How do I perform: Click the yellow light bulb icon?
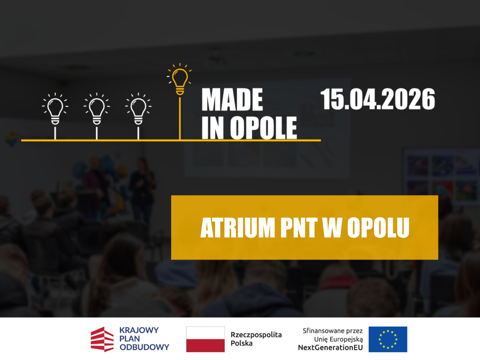(180, 80)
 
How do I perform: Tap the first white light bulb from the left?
(55, 109)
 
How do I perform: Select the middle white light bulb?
(97, 109)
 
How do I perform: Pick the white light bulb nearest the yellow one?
(138, 109)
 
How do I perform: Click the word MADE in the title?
(232, 100)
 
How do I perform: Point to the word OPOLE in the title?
(263, 128)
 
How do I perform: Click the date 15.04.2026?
(378, 99)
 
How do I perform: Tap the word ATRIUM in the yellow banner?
(238, 228)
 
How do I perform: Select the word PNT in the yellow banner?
(299, 228)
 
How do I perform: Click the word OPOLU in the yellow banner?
(378, 228)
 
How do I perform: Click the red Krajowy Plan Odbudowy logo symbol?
(102, 339)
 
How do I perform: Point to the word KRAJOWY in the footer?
(139, 330)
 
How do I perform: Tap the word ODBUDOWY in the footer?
(144, 347)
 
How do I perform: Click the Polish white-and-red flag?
(205, 339)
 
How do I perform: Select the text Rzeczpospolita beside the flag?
(256, 335)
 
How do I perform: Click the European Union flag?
(388, 339)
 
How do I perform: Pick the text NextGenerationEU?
(330, 347)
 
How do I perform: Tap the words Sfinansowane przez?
(333, 331)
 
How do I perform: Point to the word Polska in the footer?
(242, 343)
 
